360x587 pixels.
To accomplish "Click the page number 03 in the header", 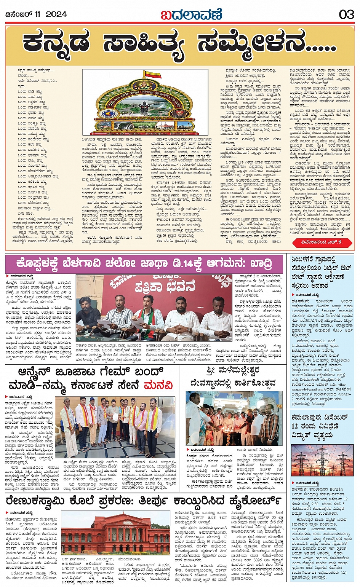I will (x=346, y=14).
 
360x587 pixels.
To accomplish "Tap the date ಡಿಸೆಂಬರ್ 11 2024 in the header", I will (x=36, y=14).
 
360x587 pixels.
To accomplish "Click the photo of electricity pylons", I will (x=322, y=460).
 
